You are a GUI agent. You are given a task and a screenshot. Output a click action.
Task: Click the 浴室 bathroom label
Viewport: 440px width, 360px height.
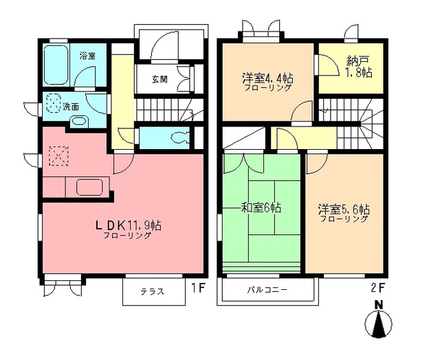pos(87,54)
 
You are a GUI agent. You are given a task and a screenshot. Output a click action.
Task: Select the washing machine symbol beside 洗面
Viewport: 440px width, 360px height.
pos(54,104)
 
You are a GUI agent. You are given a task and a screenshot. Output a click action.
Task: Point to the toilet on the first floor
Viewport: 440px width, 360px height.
pos(182,135)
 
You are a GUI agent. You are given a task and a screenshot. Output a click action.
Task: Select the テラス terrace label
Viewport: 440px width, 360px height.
pos(153,291)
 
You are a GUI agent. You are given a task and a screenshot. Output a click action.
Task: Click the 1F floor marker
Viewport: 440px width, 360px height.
pos(197,288)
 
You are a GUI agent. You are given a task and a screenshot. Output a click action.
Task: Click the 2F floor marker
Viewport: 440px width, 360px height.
pos(375,288)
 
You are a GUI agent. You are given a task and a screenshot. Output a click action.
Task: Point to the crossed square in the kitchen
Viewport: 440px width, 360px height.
pos(59,157)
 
